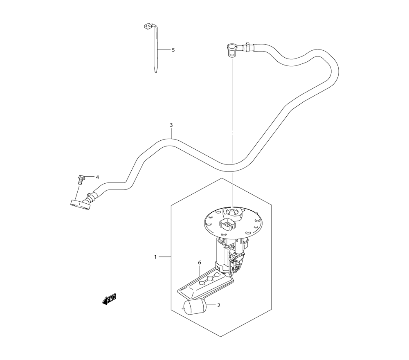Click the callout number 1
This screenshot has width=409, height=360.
tap(155, 257)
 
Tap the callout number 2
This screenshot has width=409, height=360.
tap(219, 305)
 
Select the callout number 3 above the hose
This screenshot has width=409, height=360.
tap(171, 125)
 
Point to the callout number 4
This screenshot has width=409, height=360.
tap(97, 177)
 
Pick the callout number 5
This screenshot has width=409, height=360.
tap(173, 50)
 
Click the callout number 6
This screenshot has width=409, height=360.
tap(200, 262)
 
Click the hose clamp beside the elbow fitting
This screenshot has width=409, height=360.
tap(247, 47)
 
